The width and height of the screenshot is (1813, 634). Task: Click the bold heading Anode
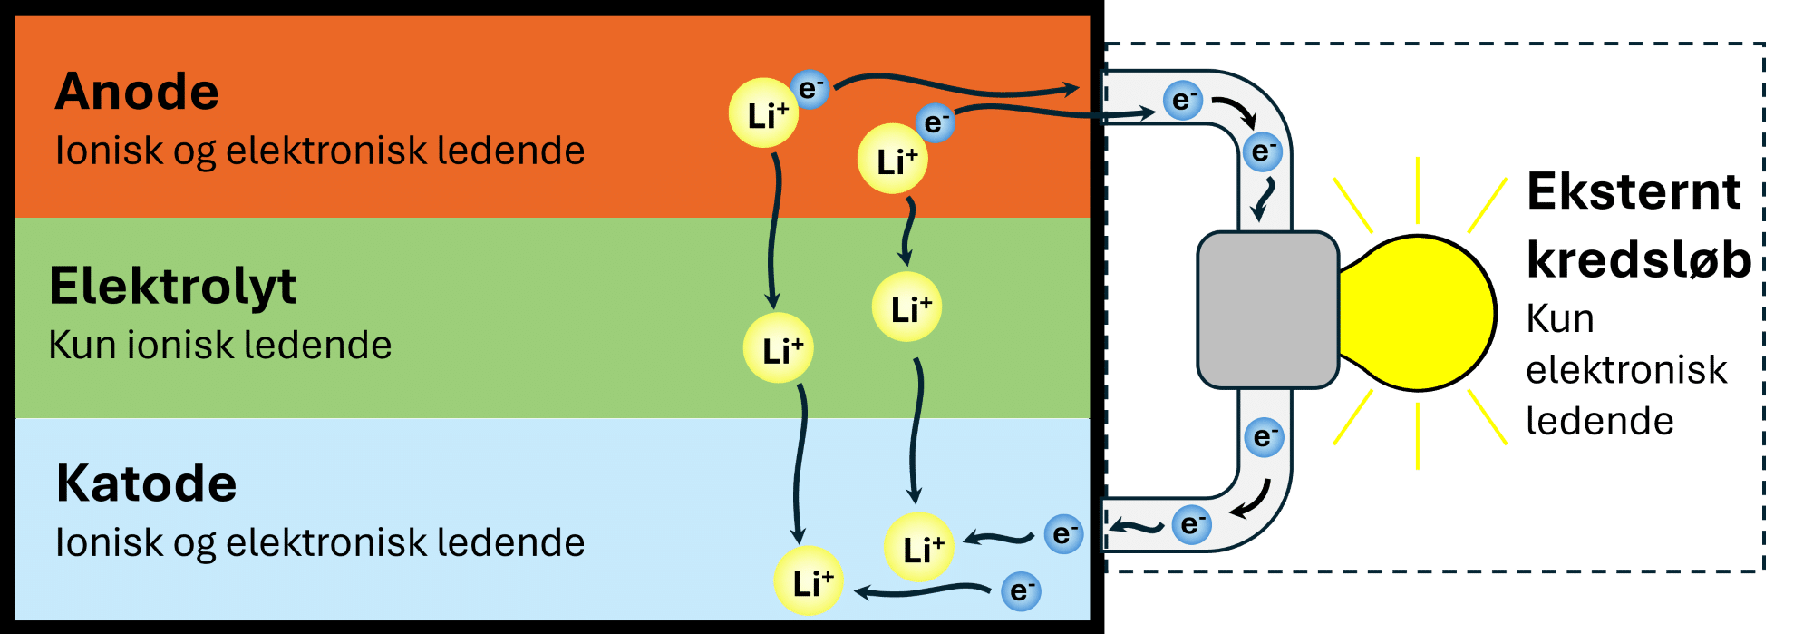point(137,93)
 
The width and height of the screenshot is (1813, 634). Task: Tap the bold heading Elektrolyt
point(172,287)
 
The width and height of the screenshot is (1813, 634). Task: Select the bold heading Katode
point(146,483)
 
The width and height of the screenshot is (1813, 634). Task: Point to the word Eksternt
point(1634,192)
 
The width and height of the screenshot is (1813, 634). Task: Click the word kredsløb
point(1638,260)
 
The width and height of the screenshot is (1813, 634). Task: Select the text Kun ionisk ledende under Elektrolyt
point(220,346)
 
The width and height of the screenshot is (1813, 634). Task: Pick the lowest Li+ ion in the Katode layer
point(809,581)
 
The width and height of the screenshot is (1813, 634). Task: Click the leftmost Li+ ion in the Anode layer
point(764,113)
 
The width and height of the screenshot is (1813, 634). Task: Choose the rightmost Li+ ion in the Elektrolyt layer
point(907,307)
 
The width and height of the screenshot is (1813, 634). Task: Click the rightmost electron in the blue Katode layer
point(1063,533)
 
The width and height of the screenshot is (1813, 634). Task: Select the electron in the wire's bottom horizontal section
point(1191,524)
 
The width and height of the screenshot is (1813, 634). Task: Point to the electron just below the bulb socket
point(1263,437)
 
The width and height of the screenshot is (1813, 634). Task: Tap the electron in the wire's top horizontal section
point(1182,100)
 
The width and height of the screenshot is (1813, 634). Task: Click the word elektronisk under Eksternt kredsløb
point(1626,370)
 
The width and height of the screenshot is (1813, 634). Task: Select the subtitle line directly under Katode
point(320,542)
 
